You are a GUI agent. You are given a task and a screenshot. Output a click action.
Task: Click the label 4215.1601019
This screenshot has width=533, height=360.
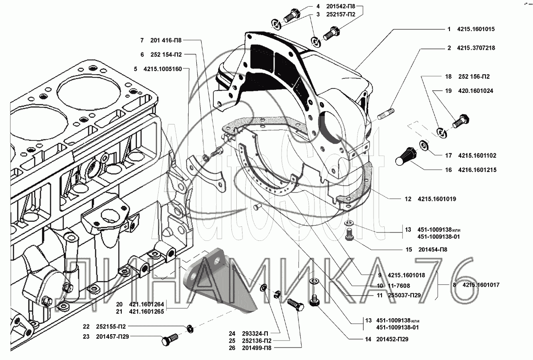[437, 199]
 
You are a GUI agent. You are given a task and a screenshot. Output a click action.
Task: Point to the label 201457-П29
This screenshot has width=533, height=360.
[112, 336]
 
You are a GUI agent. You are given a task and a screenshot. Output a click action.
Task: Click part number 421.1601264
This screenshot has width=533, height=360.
[146, 304]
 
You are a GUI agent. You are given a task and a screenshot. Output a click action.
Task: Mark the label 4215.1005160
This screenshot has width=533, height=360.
[163, 69]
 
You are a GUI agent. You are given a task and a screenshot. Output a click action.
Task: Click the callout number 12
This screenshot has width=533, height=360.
[408, 199]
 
